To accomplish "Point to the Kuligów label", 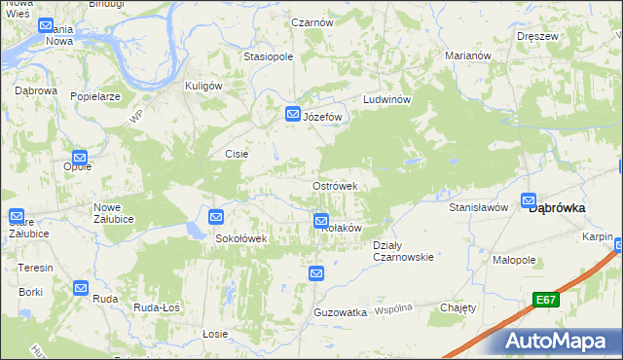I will pyautogui.click(x=204, y=86).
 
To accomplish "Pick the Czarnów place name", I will pyautogui.click(x=313, y=21).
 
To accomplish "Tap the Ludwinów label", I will pyautogui.click(x=389, y=100).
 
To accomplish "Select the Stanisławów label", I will pyautogui.click(x=479, y=207).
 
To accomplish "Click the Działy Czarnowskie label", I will pyautogui.click(x=403, y=251).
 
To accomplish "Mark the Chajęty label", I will pyautogui.click(x=458, y=307).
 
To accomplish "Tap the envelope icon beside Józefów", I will pyautogui.click(x=292, y=115).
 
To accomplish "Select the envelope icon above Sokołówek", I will pyautogui.click(x=216, y=217).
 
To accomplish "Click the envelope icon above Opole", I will pyautogui.click(x=80, y=157).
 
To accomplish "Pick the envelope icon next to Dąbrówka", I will pyautogui.click(x=530, y=201).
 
